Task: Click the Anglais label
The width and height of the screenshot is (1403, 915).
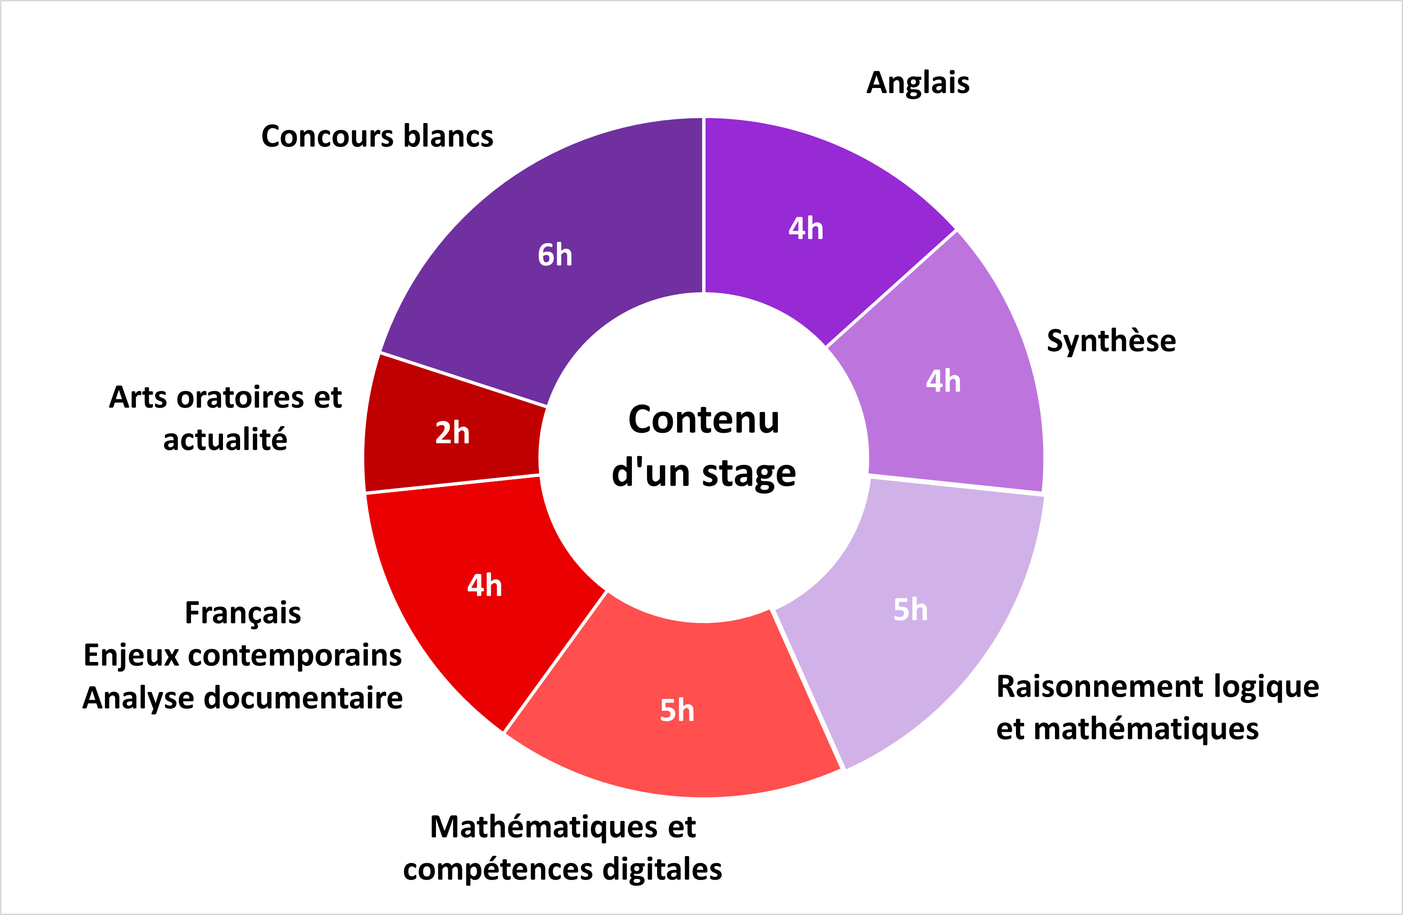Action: [918, 83]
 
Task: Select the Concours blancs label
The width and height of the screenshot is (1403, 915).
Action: [377, 136]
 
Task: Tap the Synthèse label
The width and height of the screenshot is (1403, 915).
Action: [1111, 341]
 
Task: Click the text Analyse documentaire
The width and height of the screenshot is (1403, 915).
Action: [243, 699]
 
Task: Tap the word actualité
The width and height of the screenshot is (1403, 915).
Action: [225, 440]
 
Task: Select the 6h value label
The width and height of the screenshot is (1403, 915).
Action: [555, 255]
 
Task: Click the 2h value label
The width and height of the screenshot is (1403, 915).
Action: [452, 433]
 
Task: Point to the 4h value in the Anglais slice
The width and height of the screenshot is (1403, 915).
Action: [806, 228]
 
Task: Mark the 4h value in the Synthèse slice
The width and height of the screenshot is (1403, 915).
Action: [943, 381]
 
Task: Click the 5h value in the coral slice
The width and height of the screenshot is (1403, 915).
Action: [677, 711]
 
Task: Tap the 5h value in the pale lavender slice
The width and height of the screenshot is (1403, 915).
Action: [910, 610]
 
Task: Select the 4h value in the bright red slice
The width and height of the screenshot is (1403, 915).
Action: [484, 585]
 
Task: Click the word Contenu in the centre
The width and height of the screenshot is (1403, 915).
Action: [704, 420]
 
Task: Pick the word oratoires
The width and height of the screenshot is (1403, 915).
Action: [241, 398]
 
